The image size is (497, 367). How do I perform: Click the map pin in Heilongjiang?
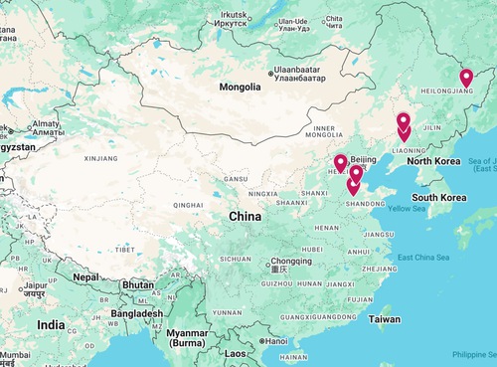pyautogui.click(x=466, y=78)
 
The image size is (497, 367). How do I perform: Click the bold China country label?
pyautogui.click(x=245, y=216)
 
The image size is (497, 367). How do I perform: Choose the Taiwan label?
pyautogui.click(x=385, y=319)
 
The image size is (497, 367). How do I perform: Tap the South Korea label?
pyautogui.click(x=440, y=198)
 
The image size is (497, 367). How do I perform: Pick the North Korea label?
pyautogui.click(x=432, y=161)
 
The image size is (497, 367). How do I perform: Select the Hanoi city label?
pyautogui.click(x=274, y=341)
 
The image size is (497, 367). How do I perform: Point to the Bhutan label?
pyautogui.click(x=136, y=284)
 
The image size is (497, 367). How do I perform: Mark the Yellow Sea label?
pyautogui.click(x=405, y=209)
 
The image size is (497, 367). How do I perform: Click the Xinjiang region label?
pyautogui.click(x=100, y=158)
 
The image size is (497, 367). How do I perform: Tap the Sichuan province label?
pyautogui.click(x=236, y=259)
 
